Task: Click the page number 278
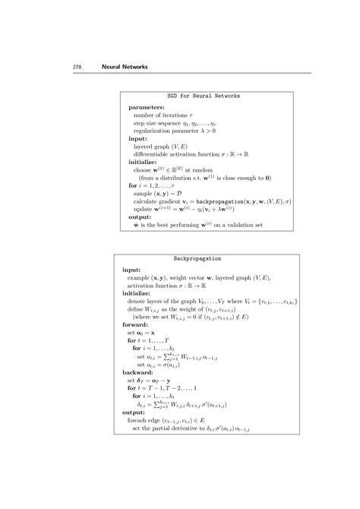tap(77, 68)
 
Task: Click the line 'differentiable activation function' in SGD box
tap(187, 155)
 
